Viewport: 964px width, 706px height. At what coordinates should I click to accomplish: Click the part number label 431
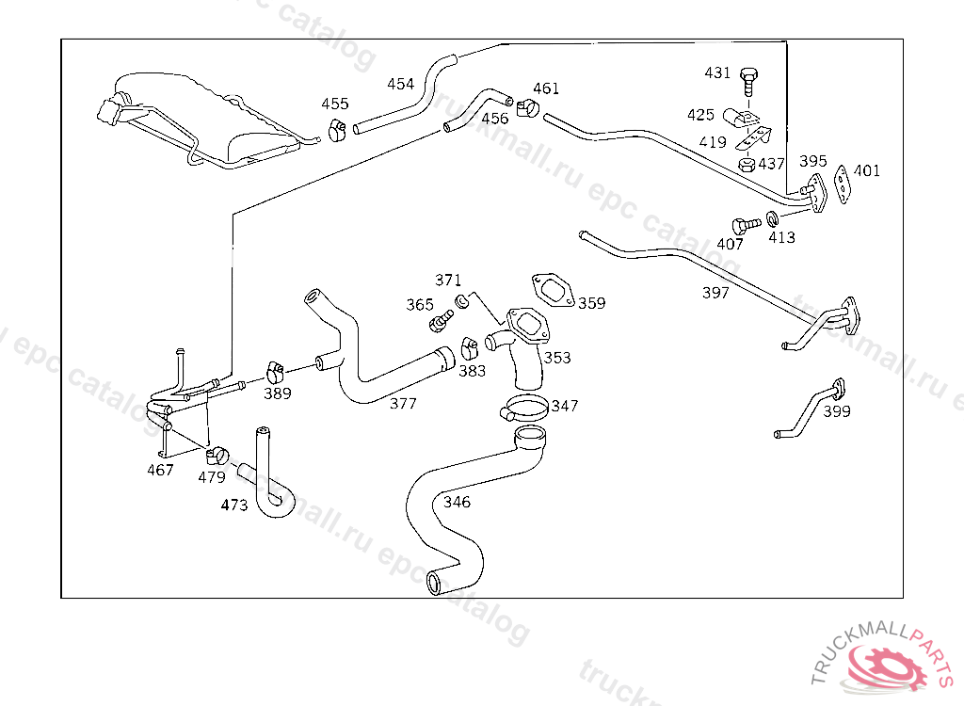click(717, 72)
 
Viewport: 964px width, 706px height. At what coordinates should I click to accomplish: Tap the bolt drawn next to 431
click(748, 80)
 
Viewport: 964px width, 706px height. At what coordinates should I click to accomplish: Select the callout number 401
click(867, 170)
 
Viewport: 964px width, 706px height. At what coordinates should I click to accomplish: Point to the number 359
click(592, 303)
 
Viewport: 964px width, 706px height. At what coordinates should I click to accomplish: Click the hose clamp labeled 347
click(523, 409)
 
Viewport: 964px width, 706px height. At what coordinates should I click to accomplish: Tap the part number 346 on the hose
click(457, 502)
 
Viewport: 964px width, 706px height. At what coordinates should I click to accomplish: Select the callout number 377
click(403, 404)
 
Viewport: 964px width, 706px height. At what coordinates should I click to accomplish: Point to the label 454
click(400, 84)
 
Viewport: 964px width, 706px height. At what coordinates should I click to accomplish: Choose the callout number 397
click(715, 293)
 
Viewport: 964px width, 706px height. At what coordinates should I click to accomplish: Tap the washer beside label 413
click(773, 220)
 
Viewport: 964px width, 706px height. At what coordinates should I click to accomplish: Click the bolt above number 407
click(744, 225)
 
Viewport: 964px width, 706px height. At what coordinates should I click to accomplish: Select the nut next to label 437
click(747, 164)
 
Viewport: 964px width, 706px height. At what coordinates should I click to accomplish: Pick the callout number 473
click(234, 505)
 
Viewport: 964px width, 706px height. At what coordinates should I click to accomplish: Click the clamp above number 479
click(218, 456)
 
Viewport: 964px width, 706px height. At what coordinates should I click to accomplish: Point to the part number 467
click(160, 470)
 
